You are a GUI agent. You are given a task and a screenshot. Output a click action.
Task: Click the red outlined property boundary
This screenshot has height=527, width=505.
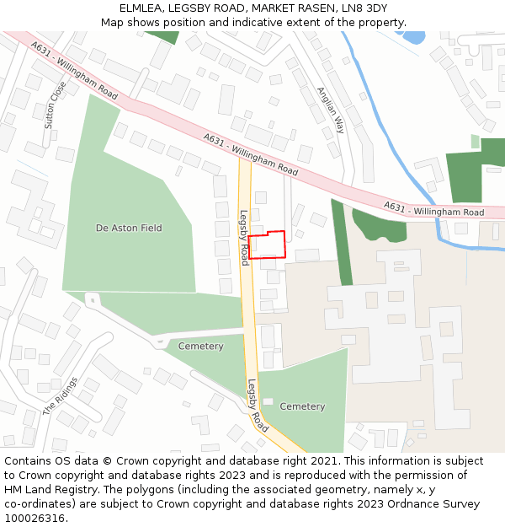click(267, 245)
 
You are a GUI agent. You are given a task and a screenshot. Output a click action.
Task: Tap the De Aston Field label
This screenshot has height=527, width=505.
click(129, 228)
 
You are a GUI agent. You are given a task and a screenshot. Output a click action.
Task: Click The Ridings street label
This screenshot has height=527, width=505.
click(60, 395)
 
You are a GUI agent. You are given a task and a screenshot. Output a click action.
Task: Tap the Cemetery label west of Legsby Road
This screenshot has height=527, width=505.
click(200, 347)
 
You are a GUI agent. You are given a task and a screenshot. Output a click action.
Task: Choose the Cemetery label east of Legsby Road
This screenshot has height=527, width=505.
click(302, 406)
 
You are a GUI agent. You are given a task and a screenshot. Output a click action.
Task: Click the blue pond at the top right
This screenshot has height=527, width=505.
click(414, 37)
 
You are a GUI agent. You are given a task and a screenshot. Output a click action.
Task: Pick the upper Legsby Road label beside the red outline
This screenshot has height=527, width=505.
click(244, 237)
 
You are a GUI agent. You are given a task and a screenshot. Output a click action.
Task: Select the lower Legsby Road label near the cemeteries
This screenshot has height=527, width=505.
click(258, 406)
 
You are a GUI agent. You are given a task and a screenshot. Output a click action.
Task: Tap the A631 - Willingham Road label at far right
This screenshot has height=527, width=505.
click(433, 208)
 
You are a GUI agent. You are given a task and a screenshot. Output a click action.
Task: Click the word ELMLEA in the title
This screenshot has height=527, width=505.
click(141, 8)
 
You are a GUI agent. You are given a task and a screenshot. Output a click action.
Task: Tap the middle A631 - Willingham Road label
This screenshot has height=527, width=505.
click(250, 154)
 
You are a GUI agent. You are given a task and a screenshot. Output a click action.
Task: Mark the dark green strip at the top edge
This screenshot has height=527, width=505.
click(162, 37)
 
